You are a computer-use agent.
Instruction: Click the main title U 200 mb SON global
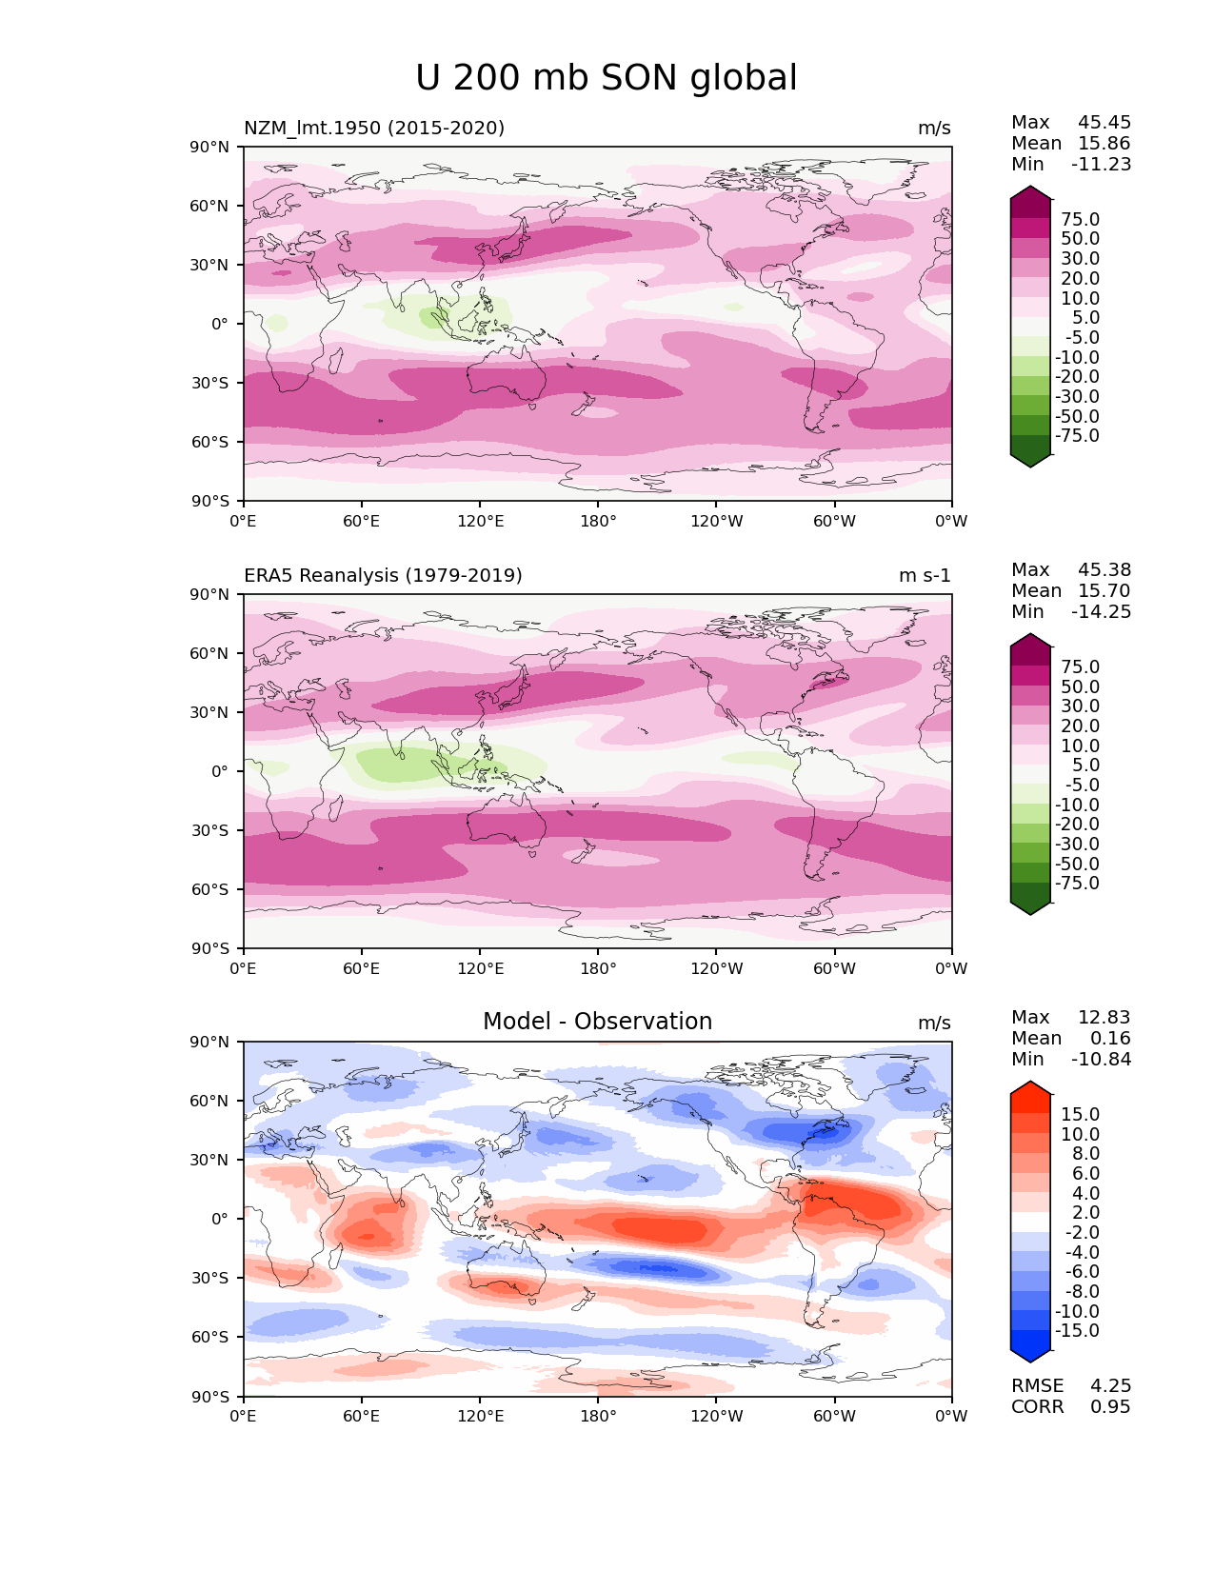(x=606, y=78)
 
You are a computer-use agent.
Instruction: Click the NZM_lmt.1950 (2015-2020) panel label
(x=374, y=129)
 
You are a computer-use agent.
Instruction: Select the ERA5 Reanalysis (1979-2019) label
(x=383, y=576)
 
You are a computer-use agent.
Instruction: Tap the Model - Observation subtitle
(x=597, y=1022)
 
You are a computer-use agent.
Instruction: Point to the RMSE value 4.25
(x=1110, y=1386)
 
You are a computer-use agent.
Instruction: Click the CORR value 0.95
(x=1110, y=1407)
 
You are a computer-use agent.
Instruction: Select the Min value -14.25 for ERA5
(x=1101, y=612)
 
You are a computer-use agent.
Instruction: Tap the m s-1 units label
(x=925, y=576)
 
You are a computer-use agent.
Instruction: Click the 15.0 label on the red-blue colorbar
(x=1080, y=1115)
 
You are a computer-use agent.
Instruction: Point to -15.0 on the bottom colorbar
(x=1077, y=1331)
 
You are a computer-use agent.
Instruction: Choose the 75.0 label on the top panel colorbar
(x=1080, y=220)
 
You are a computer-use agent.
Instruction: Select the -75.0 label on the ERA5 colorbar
(x=1077, y=884)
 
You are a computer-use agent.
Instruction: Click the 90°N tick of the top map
(x=210, y=148)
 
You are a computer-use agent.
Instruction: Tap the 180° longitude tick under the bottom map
(x=598, y=1417)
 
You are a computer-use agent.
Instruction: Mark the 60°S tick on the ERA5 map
(x=210, y=889)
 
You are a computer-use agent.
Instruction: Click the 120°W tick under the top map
(x=716, y=522)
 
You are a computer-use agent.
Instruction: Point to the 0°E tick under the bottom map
(x=244, y=1417)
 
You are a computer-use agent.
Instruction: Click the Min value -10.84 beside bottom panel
(x=1101, y=1060)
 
